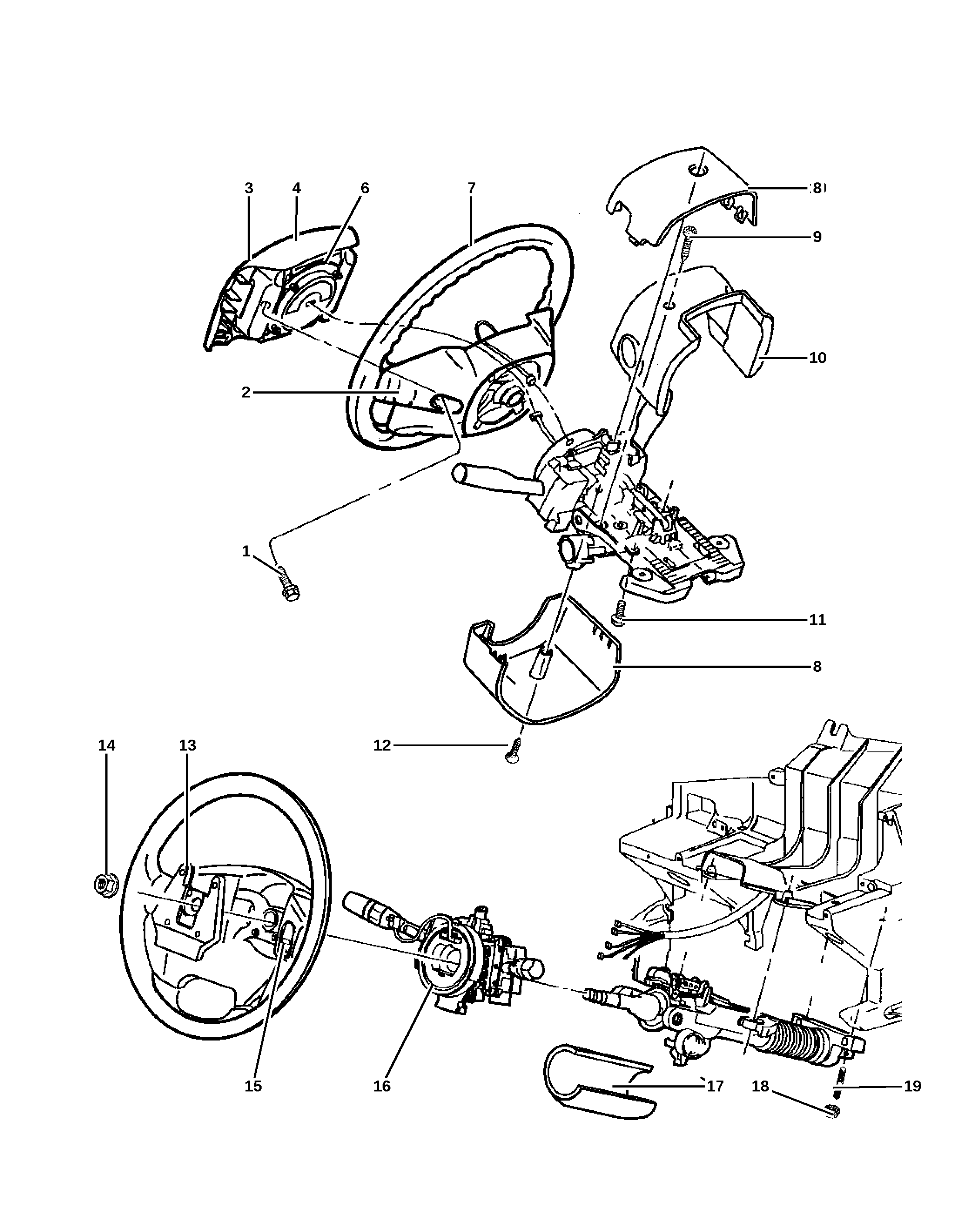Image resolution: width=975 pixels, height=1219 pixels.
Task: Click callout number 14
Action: (106, 746)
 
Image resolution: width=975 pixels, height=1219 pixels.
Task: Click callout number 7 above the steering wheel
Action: (471, 188)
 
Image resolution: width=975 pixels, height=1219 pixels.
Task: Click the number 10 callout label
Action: (817, 358)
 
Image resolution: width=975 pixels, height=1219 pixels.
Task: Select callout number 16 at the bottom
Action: (382, 1086)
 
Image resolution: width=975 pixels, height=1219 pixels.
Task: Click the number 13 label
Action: (188, 746)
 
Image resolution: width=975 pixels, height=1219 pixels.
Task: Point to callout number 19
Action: (912, 1086)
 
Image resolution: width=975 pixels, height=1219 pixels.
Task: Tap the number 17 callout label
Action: (715, 1086)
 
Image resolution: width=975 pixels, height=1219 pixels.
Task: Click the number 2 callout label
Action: (246, 392)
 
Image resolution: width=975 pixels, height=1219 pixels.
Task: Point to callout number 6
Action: (365, 188)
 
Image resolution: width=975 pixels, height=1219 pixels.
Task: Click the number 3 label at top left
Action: (249, 188)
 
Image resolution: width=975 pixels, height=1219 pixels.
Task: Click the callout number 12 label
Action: (382, 746)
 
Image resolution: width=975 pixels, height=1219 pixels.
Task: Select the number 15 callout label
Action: (253, 1086)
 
